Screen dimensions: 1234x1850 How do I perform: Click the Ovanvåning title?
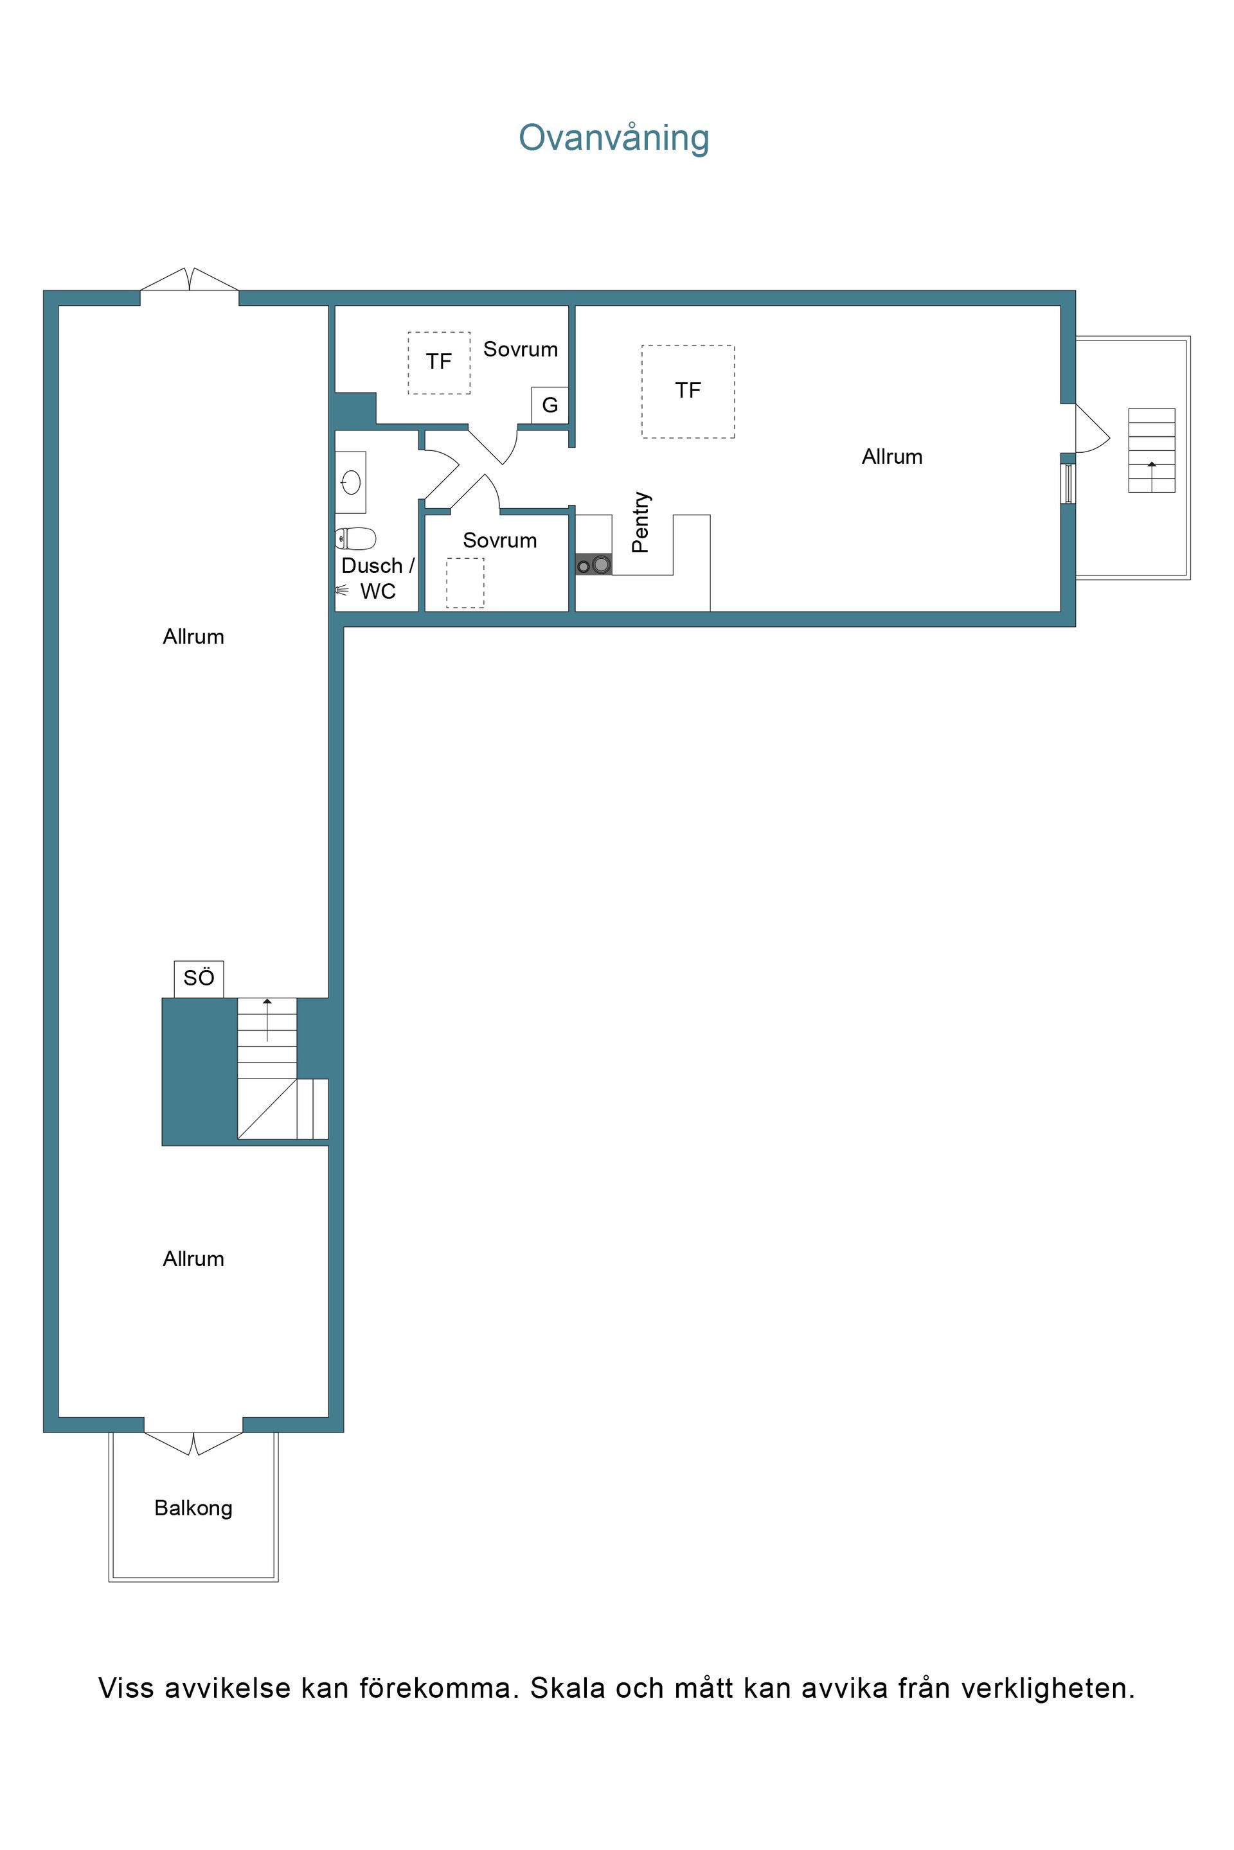pos(614,137)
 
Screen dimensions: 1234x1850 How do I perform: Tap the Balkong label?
pos(193,1508)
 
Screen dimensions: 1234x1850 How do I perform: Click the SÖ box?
pos(199,978)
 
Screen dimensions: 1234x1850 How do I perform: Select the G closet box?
pos(550,405)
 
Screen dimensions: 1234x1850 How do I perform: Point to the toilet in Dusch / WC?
pos(355,539)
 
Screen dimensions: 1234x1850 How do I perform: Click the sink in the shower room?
pos(351,481)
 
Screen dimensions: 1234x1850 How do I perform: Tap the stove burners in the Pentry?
pos(594,564)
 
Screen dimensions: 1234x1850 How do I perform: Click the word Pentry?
pos(641,522)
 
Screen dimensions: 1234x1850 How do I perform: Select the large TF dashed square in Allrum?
pos(688,392)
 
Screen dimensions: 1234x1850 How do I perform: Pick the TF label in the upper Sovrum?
pos(439,362)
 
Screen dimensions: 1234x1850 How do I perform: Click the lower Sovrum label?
pos(500,540)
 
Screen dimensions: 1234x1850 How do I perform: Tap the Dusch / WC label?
pos(378,578)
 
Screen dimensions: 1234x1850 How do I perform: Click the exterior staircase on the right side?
pos(1151,451)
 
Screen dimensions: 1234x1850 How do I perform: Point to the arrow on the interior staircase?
pos(267,1019)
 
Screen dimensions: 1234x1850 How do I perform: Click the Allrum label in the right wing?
pos(891,457)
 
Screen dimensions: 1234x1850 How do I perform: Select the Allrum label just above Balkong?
pos(193,1259)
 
